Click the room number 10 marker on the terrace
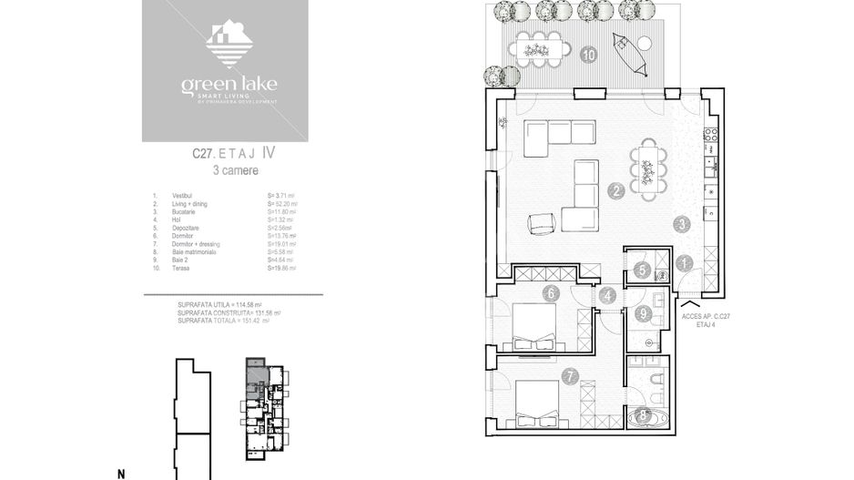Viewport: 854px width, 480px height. [588, 55]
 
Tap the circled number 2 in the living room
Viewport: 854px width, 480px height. [617, 191]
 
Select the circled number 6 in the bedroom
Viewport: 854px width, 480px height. [550, 293]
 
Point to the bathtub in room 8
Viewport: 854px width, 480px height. [646, 418]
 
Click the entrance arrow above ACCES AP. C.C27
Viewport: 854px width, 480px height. [695, 301]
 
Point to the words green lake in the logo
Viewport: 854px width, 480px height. [229, 86]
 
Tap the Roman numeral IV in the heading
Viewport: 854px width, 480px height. [269, 155]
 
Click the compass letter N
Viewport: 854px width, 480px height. [120, 474]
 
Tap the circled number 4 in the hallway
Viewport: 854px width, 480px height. [607, 295]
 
